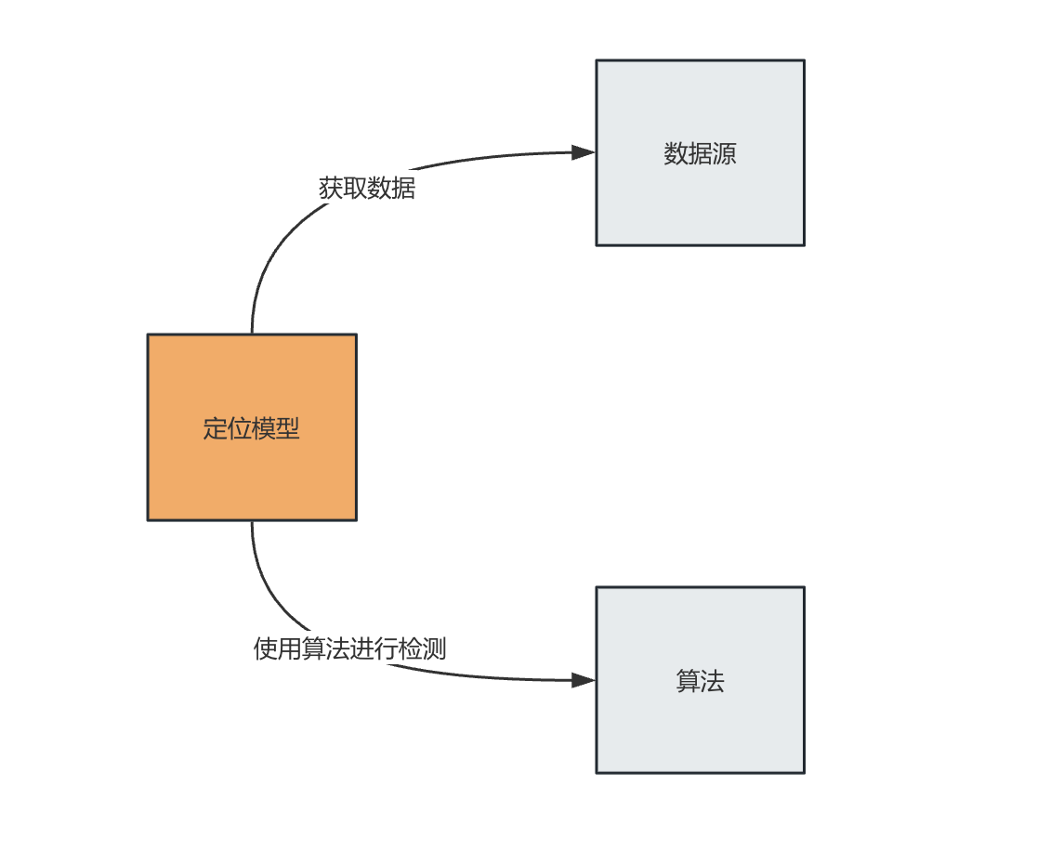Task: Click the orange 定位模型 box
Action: click(x=252, y=427)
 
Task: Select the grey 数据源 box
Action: click(x=701, y=152)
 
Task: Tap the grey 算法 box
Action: click(x=701, y=679)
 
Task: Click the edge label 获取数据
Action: click(x=367, y=188)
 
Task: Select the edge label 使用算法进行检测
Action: click(x=349, y=648)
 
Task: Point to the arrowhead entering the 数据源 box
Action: click(x=584, y=152)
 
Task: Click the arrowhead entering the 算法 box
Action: click(x=584, y=680)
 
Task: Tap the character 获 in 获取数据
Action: click(x=331, y=188)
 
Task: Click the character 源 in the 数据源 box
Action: click(x=724, y=153)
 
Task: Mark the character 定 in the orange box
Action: click(x=215, y=428)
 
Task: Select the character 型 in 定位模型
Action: click(x=287, y=428)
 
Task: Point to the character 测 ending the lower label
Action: click(x=435, y=648)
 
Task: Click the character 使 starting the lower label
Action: click(x=266, y=648)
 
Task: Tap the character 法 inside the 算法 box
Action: click(x=713, y=681)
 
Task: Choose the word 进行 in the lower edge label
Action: click(x=374, y=648)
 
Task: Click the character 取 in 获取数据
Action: click(x=355, y=188)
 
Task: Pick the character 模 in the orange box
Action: click(x=263, y=428)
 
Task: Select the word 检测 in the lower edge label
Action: click(x=423, y=648)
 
